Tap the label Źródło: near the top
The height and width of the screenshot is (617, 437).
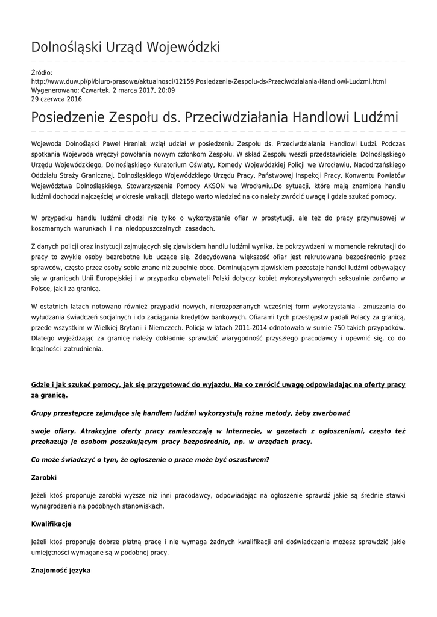pyautogui.click(x=42, y=73)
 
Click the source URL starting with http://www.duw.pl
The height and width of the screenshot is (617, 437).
pyautogui.click(x=208, y=81)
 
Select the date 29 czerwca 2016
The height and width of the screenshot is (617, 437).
pyautogui.click(x=56, y=99)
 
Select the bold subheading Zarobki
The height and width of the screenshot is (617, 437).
pyautogui.click(x=43, y=477)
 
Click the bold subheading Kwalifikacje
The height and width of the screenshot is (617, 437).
pyautogui.click(x=51, y=524)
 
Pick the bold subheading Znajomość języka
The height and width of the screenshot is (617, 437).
pyautogui.click(x=60, y=570)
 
